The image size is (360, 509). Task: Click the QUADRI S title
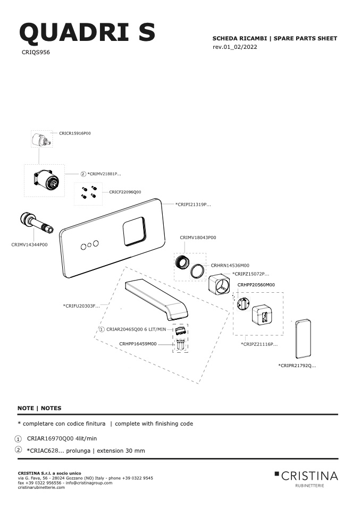87,33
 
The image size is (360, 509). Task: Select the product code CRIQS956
36,52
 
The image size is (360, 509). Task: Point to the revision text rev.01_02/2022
235,47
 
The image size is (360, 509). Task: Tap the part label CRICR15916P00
75,133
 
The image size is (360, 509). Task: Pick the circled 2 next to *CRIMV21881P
83,174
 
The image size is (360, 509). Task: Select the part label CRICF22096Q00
125,192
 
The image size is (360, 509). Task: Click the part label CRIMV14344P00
29,245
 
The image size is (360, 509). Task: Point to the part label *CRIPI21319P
193,205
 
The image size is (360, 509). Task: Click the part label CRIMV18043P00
198,237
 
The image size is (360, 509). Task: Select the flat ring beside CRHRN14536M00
197,271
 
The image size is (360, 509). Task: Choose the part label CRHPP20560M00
256,285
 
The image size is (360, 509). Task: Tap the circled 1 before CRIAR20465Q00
102,329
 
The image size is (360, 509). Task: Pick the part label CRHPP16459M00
138,344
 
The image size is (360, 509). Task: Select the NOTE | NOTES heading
39,409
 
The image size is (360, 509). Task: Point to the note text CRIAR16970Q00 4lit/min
62,438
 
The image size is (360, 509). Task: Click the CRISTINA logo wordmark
309,476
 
